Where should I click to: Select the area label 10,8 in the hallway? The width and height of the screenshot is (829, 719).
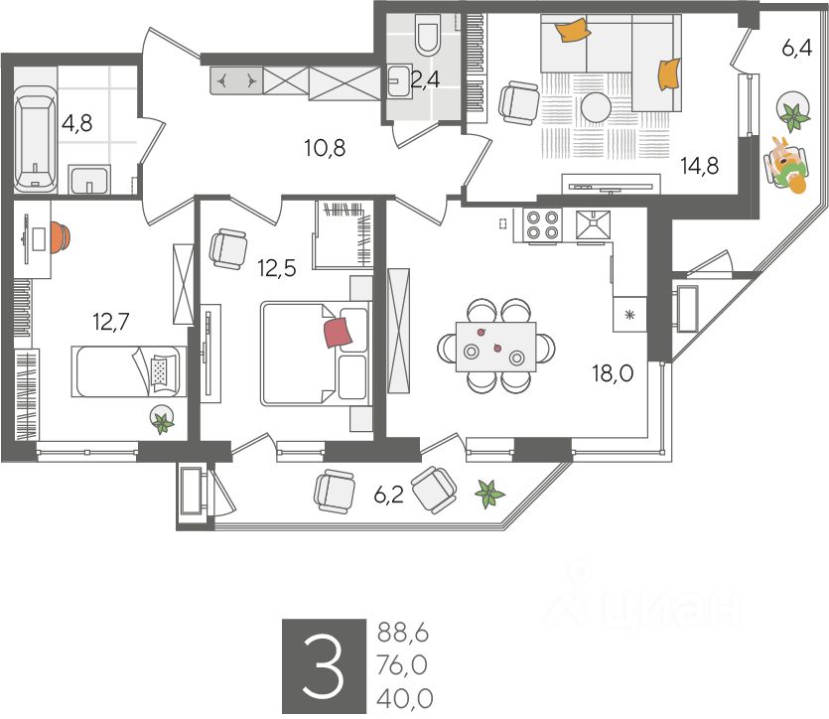[324, 150]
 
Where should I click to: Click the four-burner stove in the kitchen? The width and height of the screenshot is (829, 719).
[542, 225]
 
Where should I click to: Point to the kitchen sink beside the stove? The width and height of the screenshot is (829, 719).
[593, 225]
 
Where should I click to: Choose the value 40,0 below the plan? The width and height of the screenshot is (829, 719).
[405, 698]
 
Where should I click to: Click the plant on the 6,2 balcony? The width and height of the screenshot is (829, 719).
[488, 492]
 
